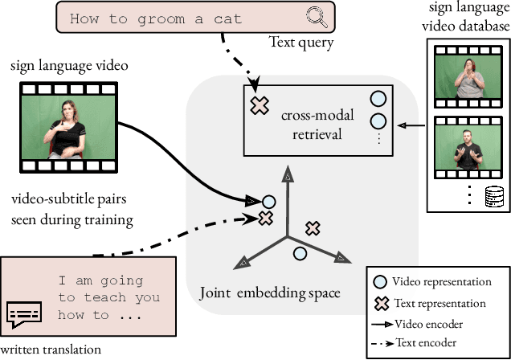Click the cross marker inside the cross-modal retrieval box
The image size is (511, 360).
click(259, 105)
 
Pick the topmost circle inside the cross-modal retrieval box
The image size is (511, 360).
click(378, 100)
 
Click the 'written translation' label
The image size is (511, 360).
click(51, 349)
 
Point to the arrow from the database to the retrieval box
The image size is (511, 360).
click(416, 125)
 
